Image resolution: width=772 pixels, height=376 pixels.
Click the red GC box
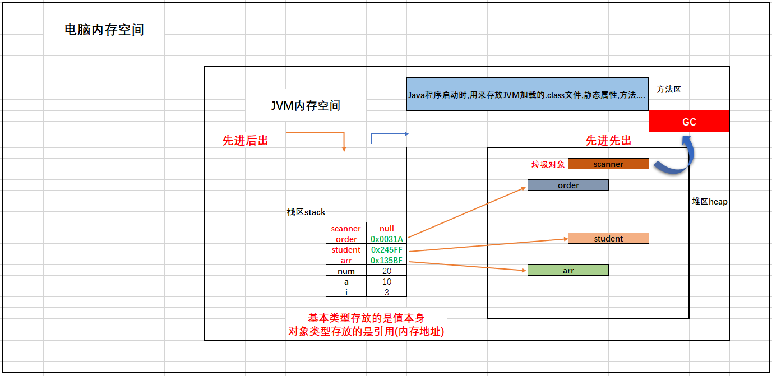click(689, 122)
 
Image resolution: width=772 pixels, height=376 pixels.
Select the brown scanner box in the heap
click(608, 164)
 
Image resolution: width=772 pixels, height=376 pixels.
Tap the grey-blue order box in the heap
click(568, 185)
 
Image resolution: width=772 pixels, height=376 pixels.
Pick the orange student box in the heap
click(608, 239)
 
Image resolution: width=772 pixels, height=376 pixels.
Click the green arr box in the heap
click(568, 271)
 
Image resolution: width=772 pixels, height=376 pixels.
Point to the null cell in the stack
click(386, 229)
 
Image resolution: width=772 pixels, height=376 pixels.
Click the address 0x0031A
click(386, 239)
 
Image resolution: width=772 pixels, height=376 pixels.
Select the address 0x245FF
click(386, 250)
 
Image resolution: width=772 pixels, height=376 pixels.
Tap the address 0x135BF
click(386, 261)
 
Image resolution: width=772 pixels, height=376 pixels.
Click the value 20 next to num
click(386, 271)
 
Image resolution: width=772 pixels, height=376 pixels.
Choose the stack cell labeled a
click(346, 282)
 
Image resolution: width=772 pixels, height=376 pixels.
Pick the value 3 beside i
click(386, 293)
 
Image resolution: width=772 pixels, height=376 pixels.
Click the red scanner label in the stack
click(346, 229)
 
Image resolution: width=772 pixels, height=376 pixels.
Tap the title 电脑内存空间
click(104, 30)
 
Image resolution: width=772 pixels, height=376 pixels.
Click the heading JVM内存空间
click(306, 105)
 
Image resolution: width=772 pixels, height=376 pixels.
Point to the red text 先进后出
click(245, 141)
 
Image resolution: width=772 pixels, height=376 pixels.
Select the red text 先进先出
click(608, 141)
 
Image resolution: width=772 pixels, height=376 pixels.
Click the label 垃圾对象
click(548, 165)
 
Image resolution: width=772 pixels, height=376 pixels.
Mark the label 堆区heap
click(710, 202)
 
